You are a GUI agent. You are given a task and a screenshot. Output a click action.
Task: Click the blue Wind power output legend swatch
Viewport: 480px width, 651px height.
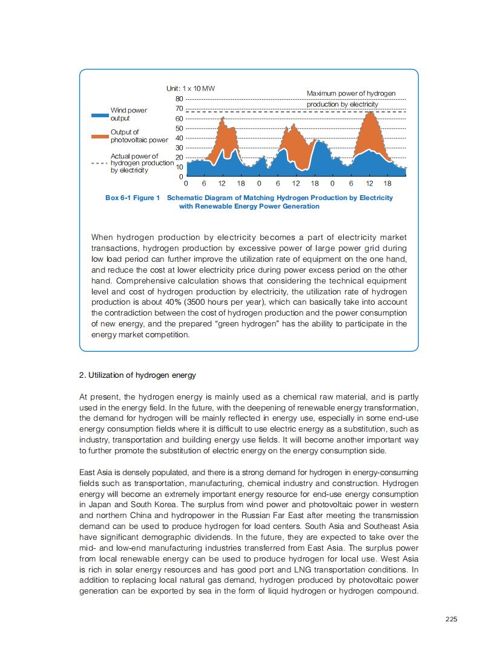click(99, 114)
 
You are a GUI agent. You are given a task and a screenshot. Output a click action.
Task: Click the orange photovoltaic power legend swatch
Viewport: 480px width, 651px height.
click(99, 136)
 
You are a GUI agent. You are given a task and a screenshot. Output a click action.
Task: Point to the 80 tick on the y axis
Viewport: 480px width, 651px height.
click(179, 99)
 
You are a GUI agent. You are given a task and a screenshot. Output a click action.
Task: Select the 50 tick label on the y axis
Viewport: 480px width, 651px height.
click(179, 128)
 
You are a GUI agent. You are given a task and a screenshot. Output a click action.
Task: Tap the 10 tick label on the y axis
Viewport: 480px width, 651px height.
click(179, 167)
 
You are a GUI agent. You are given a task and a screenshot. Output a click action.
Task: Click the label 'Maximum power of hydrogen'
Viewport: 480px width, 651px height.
click(351, 94)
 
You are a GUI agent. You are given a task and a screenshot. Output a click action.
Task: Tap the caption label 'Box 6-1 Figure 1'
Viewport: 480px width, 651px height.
click(132, 198)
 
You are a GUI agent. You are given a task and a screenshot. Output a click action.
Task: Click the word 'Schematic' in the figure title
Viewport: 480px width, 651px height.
click(184, 198)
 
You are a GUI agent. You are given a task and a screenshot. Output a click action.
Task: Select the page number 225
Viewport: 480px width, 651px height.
click(451, 618)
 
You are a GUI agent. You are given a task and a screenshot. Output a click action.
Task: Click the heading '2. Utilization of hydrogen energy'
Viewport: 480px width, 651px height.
click(137, 375)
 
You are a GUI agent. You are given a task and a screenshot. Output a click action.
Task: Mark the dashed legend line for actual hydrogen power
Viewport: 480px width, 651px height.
click(99, 163)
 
